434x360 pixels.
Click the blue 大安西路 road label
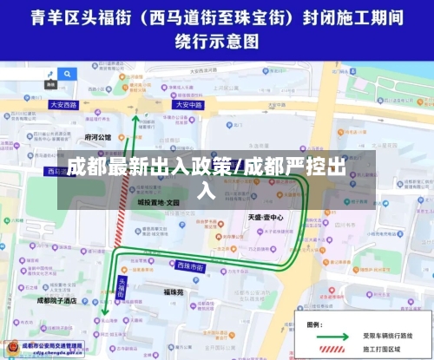click(x=63, y=104)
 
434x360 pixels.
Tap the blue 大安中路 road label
click(x=187, y=104)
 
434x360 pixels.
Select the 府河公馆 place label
click(x=98, y=137)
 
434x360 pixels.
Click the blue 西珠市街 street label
click(x=192, y=265)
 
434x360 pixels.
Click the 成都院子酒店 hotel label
click(x=57, y=300)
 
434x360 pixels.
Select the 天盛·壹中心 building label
click(x=266, y=217)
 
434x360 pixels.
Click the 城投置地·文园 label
click(x=157, y=201)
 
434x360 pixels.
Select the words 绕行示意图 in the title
click(x=216, y=40)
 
